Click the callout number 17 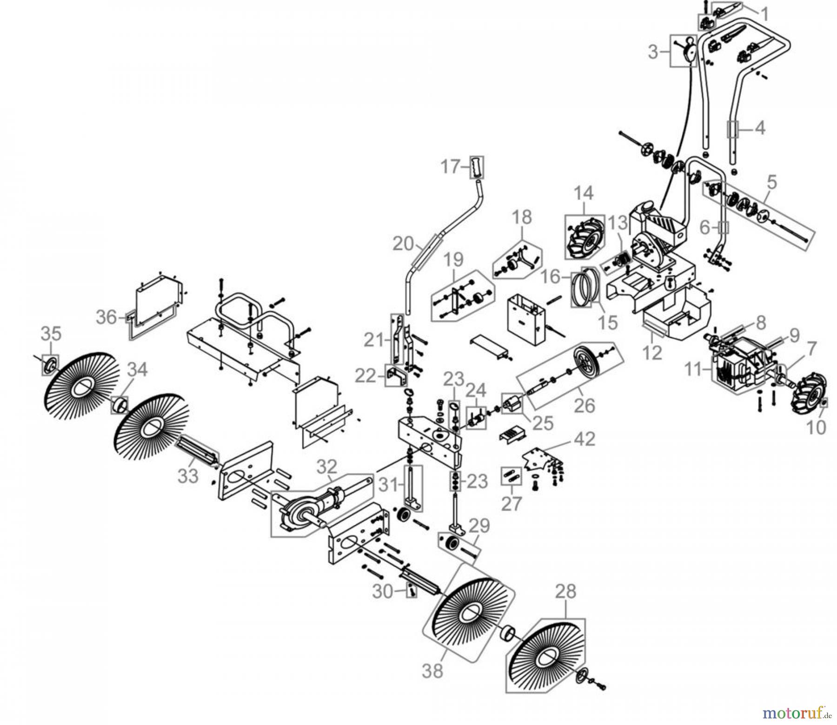click(450, 166)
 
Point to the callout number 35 click(51, 333)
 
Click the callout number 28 click(565, 592)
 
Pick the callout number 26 click(585, 405)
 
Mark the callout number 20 click(403, 243)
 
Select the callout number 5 click(771, 183)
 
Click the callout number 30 click(383, 591)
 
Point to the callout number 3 click(653, 53)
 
